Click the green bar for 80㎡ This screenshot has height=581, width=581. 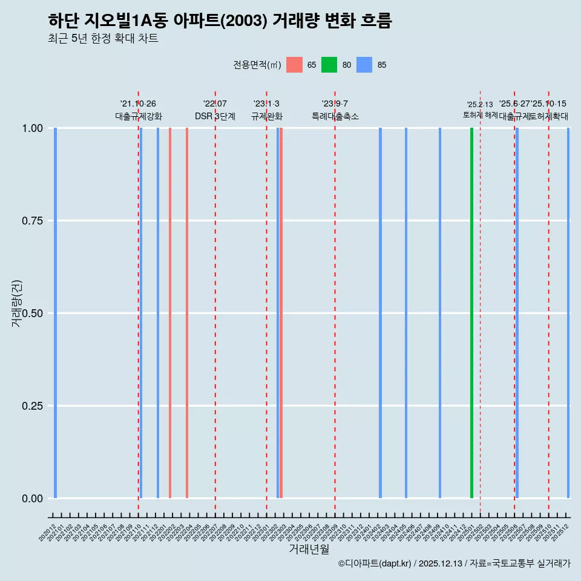[471, 313]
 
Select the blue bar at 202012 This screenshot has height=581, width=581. [55, 313]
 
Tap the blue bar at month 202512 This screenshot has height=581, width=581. [568, 313]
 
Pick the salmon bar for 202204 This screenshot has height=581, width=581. [187, 313]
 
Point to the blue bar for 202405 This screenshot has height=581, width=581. [406, 313]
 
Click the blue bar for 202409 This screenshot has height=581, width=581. [440, 313]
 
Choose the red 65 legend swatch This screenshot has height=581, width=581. [294, 65]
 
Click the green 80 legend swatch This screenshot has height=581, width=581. [329, 65]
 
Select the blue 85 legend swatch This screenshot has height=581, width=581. [364, 65]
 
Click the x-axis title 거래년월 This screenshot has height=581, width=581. [309, 549]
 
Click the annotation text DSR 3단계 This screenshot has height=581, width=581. [215, 116]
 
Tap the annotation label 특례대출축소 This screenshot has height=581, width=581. [335, 116]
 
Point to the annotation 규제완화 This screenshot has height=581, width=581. [267, 116]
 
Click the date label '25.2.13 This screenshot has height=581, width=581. [480, 105]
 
